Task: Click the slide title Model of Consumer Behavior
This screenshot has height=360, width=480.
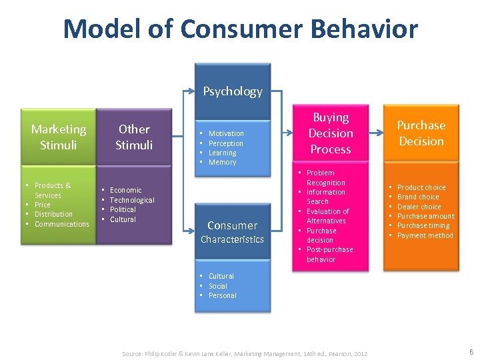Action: click(x=240, y=29)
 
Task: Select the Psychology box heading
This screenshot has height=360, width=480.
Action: click(x=233, y=91)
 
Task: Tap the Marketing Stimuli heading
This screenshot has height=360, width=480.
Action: click(x=59, y=137)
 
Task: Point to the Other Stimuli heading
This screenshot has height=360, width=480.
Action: click(x=134, y=137)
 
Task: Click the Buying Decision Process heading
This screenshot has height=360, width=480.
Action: click(x=331, y=133)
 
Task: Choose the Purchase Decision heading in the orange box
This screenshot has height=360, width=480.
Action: click(x=421, y=133)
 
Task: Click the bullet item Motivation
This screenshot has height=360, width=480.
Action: click(x=226, y=133)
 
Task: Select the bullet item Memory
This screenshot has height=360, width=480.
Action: click(x=222, y=162)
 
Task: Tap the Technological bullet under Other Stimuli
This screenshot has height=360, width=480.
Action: click(x=132, y=200)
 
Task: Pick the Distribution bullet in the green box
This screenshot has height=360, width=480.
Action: click(x=53, y=214)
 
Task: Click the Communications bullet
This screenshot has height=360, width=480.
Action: click(x=61, y=224)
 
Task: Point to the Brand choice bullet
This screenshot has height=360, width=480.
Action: click(x=418, y=197)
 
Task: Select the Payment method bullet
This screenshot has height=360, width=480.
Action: click(x=425, y=235)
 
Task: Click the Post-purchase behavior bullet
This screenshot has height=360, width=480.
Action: click(x=329, y=254)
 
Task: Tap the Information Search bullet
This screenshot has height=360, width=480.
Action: click(x=325, y=197)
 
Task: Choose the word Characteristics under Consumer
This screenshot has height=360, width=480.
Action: click(x=232, y=239)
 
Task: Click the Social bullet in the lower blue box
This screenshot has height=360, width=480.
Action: click(x=217, y=286)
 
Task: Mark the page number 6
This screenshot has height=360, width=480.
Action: click(x=471, y=351)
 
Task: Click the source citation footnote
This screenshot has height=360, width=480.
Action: click(x=245, y=353)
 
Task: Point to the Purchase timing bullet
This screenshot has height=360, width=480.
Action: click(x=423, y=225)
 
